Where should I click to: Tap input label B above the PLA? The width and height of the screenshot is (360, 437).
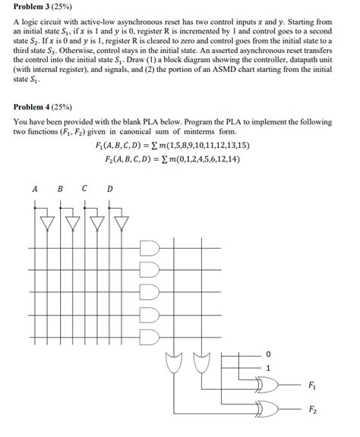click(x=60, y=189)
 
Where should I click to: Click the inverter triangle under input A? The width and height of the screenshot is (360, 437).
click(x=48, y=223)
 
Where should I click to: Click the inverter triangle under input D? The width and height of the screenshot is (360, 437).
click(x=121, y=223)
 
